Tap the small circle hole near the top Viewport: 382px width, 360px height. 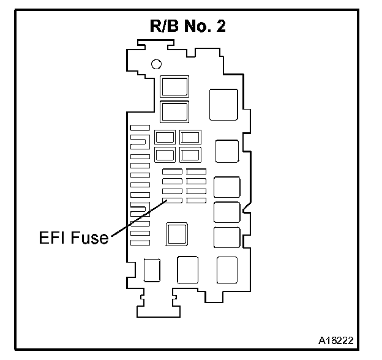point(157,63)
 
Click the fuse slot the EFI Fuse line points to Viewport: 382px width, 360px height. point(171,200)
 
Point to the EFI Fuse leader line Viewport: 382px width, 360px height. point(137,219)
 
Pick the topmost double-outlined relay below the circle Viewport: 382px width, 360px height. point(174,87)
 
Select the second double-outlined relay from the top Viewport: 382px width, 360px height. point(174,112)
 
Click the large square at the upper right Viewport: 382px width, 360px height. point(223,104)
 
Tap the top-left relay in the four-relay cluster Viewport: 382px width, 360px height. point(165,137)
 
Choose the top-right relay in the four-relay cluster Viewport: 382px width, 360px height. point(190,137)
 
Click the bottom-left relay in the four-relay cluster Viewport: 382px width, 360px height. point(165,154)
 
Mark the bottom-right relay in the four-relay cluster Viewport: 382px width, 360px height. point(190,154)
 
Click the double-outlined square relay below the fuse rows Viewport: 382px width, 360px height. point(177,233)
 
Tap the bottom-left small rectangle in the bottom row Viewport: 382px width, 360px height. point(151,270)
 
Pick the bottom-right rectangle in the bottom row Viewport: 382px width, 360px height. point(227,270)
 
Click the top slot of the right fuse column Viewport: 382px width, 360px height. point(197,171)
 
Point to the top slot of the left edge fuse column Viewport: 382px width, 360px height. point(140,127)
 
